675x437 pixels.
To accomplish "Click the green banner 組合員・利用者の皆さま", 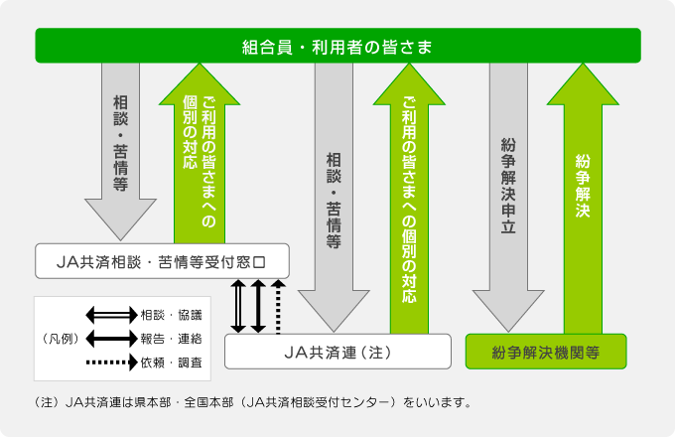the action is click(337, 46).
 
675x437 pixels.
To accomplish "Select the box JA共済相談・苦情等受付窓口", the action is click(162, 261).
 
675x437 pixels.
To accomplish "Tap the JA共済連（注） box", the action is click(337, 352).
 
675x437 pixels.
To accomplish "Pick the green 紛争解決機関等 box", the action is click(546, 352).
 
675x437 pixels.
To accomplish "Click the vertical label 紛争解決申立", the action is click(508, 186).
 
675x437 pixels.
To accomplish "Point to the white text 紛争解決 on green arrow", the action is click(583, 186).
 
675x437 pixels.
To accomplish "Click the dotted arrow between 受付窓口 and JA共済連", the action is click(278, 307).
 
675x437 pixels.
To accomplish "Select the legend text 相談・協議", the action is click(172, 315).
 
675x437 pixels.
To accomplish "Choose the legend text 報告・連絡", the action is click(172, 339).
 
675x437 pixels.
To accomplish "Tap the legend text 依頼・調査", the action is click(172, 363).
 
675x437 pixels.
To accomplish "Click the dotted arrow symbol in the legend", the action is click(112, 363).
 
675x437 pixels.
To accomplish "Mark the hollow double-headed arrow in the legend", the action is click(112, 315).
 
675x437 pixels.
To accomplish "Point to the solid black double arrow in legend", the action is click(112, 339).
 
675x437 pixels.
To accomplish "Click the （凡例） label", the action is click(62, 339).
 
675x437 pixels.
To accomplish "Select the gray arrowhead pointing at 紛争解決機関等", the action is click(508, 310).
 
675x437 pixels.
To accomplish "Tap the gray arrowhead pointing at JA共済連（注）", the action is click(334, 310).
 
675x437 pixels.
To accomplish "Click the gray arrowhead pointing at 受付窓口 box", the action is click(120, 218).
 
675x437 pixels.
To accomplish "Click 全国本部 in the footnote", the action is click(208, 402).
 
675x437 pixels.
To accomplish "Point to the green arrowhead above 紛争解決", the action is click(583, 84).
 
